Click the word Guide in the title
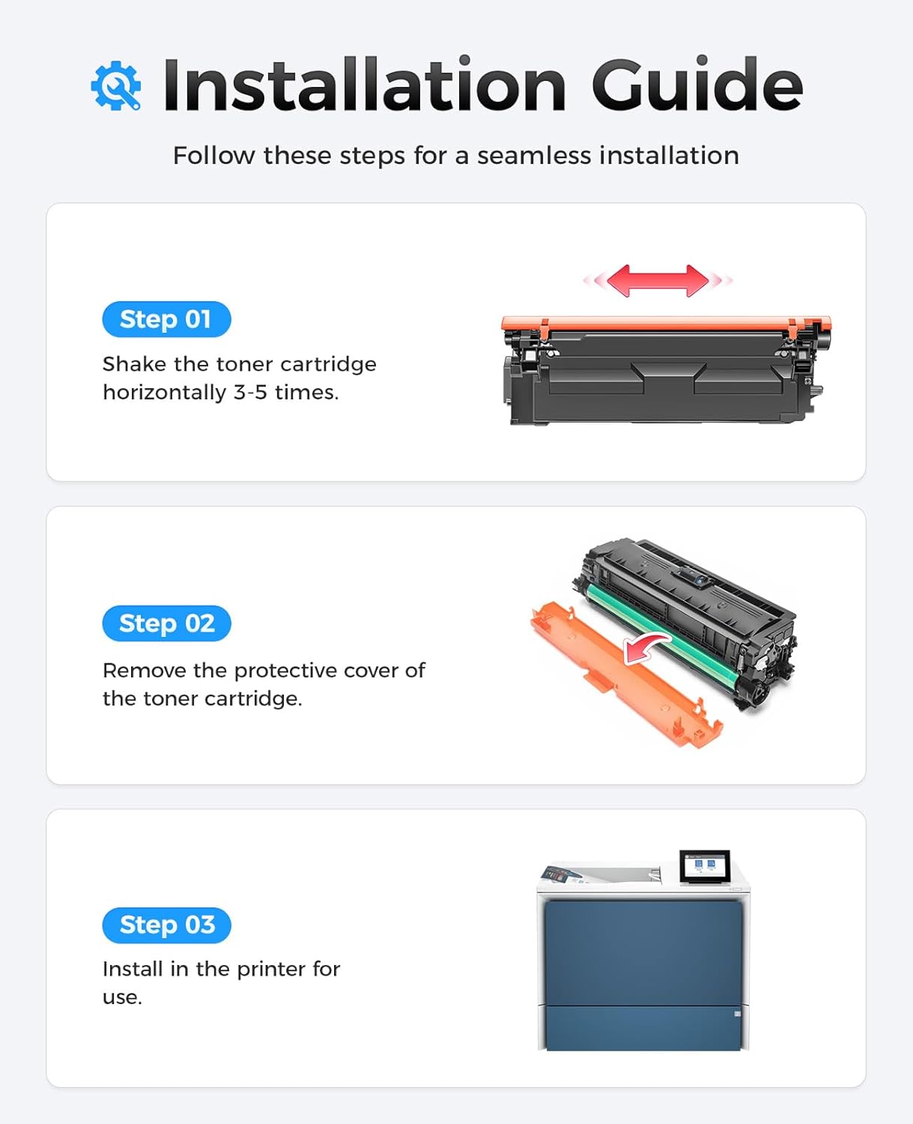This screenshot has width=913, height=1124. (x=697, y=85)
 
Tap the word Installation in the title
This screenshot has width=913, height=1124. (x=364, y=85)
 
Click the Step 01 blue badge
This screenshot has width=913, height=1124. (x=166, y=319)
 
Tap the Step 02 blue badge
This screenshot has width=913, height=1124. (x=166, y=623)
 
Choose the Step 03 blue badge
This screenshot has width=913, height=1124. (x=166, y=925)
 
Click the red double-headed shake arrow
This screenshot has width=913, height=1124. (x=658, y=280)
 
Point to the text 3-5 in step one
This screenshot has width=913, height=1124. (x=250, y=393)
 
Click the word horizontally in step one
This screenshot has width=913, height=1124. (x=164, y=393)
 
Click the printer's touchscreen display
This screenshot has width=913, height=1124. (x=704, y=866)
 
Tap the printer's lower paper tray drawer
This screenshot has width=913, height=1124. (x=643, y=1027)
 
